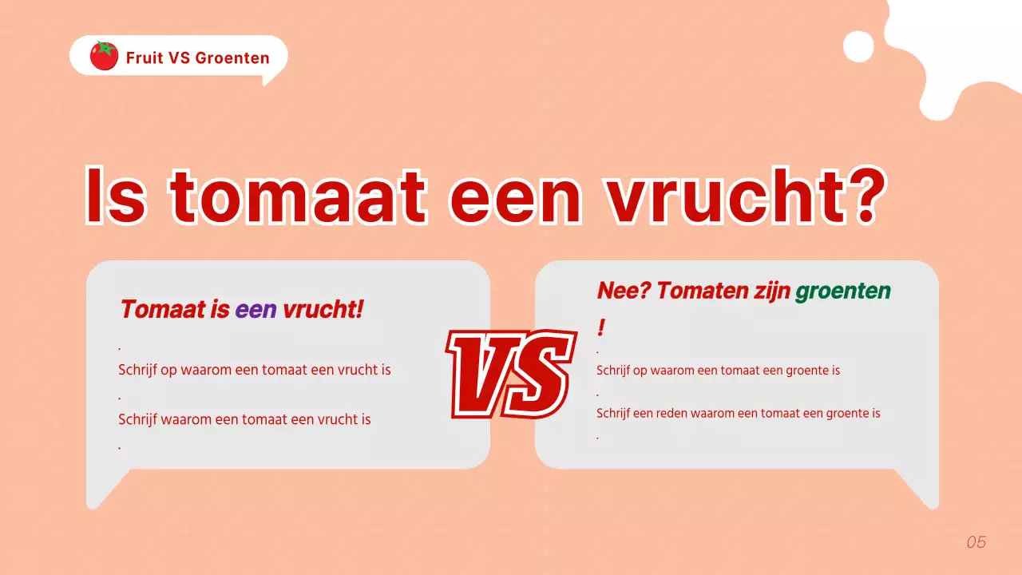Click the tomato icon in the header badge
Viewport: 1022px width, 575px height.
click(x=104, y=56)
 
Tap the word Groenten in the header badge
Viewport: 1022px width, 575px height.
click(x=232, y=57)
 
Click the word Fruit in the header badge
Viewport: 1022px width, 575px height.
click(x=145, y=57)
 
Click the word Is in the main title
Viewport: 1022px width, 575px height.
click(x=116, y=196)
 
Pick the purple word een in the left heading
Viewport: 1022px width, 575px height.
click(x=255, y=309)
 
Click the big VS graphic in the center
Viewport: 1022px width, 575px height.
click(x=511, y=373)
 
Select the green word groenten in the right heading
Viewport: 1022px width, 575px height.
click(x=842, y=291)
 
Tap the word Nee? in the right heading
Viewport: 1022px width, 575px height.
click(x=624, y=291)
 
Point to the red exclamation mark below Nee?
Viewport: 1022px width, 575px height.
click(x=601, y=327)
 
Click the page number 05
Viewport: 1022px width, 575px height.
click(x=976, y=542)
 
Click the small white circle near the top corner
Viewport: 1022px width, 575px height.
click(x=859, y=46)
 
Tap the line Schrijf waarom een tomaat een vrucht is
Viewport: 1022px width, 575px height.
click(x=244, y=419)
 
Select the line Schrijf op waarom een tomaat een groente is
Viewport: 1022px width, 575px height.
click(x=718, y=371)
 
